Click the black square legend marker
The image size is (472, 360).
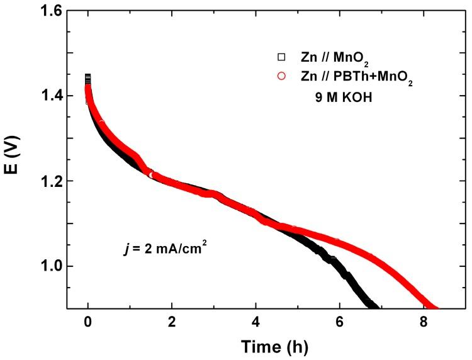[281, 57]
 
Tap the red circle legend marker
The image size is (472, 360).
[281, 77]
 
